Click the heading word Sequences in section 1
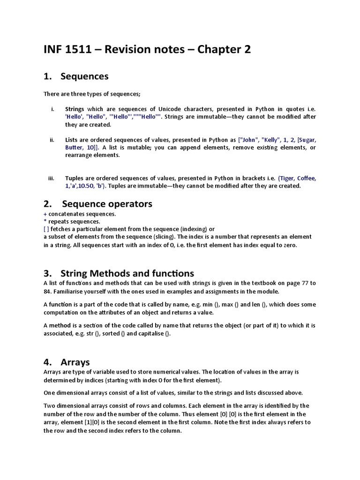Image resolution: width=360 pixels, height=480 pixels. [x=85, y=76]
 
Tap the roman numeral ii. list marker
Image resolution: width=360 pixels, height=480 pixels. [x=52, y=140]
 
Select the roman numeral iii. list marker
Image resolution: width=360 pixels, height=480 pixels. [x=52, y=178]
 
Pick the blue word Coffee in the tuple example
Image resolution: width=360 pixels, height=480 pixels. [x=305, y=178]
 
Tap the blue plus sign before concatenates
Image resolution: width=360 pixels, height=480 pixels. [x=45, y=214]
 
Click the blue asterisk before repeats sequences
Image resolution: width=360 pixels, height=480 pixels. [x=45, y=221]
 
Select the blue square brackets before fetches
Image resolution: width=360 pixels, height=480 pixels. [x=46, y=229]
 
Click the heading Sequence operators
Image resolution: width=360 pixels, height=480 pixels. [x=107, y=204]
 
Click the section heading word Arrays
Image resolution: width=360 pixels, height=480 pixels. [x=75, y=362]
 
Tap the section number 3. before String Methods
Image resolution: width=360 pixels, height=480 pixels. [x=47, y=273]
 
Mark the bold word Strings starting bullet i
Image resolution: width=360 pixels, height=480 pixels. [x=75, y=109]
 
